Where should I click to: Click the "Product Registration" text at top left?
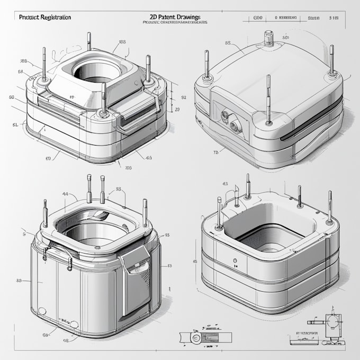pos(44,17)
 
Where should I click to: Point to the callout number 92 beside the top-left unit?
pos(184,97)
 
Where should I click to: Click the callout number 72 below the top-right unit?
pos(216,152)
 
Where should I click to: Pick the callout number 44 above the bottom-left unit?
pos(65,194)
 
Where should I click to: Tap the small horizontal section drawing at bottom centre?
pos(203,337)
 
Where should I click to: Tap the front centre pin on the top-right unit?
pos(269,101)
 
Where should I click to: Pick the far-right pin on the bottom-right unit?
pos(330,206)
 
